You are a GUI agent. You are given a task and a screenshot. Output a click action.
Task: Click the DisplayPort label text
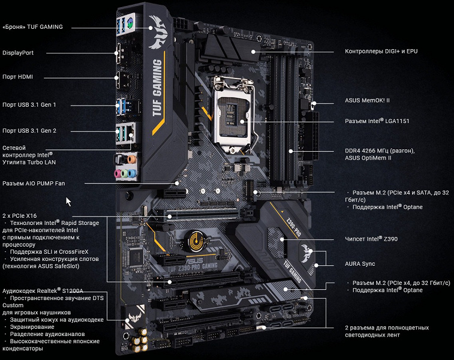(x=18, y=53)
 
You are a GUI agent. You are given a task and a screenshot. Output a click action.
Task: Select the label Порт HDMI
(x=17, y=77)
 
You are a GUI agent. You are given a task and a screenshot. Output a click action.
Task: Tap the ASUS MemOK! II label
(x=367, y=100)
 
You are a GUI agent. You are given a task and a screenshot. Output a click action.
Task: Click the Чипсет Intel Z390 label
(x=371, y=239)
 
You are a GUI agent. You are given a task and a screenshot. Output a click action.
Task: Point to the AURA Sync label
(x=360, y=264)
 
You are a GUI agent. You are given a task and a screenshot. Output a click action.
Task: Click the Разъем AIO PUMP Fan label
(x=34, y=184)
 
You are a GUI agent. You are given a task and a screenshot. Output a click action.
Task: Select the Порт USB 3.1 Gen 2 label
(x=29, y=131)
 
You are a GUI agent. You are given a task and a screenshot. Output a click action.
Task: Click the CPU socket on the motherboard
(x=233, y=115)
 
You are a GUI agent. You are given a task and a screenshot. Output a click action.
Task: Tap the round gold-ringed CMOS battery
(x=196, y=240)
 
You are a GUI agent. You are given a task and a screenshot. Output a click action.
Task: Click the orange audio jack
(x=132, y=159)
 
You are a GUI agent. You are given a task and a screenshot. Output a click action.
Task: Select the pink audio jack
(x=118, y=173)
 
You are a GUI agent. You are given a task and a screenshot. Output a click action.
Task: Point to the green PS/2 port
(x=130, y=22)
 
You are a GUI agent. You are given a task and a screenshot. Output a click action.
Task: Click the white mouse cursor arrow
(x=68, y=202)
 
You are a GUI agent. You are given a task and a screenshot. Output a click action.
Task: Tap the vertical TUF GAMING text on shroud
(x=157, y=88)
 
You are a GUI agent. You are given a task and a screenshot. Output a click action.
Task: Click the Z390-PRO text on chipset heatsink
(x=293, y=226)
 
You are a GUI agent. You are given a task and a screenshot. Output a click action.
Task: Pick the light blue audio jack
(x=132, y=173)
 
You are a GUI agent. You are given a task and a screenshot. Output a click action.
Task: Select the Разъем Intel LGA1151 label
(x=377, y=121)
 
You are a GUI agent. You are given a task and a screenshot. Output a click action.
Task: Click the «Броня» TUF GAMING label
(x=32, y=27)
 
